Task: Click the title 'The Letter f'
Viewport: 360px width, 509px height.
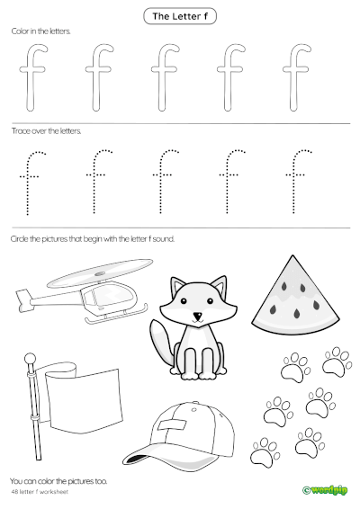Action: click(x=179, y=16)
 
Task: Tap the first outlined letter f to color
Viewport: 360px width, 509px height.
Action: click(x=34, y=76)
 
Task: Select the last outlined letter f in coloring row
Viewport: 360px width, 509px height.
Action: click(x=294, y=76)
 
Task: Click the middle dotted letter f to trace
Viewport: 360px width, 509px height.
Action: click(x=165, y=180)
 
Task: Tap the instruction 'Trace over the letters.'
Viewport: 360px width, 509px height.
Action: click(x=46, y=130)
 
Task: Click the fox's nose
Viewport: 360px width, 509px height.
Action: click(x=197, y=316)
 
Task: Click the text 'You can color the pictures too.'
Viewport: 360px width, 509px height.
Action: click(x=58, y=482)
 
